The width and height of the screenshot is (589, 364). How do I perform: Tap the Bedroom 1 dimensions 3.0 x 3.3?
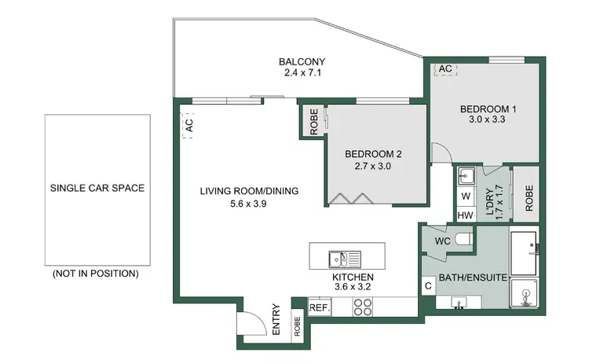coord(487,122)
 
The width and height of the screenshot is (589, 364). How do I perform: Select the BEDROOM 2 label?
coord(373,155)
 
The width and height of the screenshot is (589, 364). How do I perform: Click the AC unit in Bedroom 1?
coord(444,69)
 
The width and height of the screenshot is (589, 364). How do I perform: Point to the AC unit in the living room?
coord(188,125)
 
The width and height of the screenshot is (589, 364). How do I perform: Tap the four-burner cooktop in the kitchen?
coord(363,308)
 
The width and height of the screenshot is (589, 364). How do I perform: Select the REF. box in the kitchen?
coord(319,308)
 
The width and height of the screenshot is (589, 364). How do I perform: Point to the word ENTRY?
coord(276,321)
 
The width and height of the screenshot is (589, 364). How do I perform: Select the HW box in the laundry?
coord(466,215)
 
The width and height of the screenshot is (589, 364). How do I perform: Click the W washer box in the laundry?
coord(466,196)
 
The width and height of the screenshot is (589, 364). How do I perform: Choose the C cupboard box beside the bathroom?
coord(429,286)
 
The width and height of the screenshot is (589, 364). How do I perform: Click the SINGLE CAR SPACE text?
coord(97,189)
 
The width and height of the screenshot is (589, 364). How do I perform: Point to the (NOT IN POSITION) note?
coord(96,274)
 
